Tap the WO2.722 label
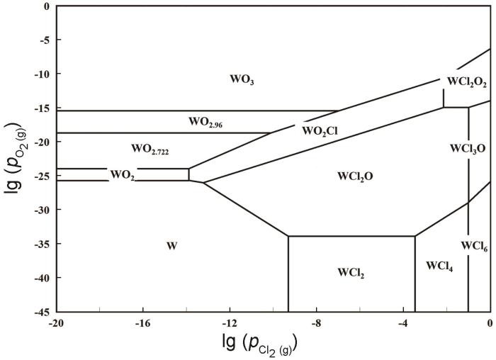coord(150,150)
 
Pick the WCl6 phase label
coord(473,246)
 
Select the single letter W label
coord(171,246)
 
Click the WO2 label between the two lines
coord(122,174)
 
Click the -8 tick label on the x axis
coord(316,322)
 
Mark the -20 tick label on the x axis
coord(57,322)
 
